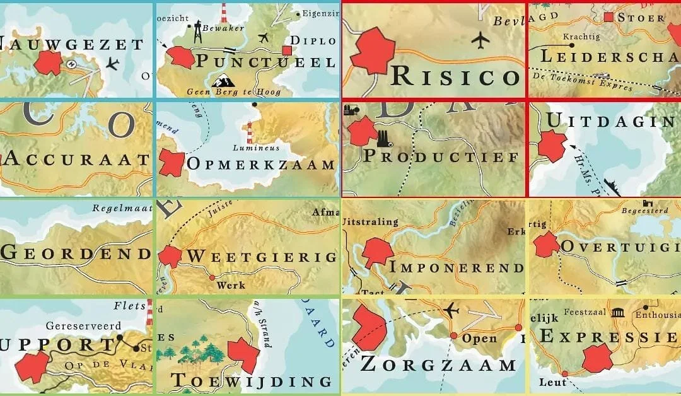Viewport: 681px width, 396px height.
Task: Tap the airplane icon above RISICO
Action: (x=480, y=40)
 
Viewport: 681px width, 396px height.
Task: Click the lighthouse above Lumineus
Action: (x=250, y=132)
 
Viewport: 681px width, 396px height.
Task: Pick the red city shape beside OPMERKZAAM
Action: (x=171, y=163)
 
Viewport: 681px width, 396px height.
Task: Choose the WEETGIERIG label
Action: (x=261, y=257)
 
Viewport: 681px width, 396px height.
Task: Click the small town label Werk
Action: (x=230, y=286)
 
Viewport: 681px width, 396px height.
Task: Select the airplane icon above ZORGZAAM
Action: (x=451, y=310)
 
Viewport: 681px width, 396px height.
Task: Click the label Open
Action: (x=480, y=337)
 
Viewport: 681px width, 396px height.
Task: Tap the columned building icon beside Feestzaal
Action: (x=617, y=313)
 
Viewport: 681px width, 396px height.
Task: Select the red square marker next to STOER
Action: (x=608, y=17)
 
